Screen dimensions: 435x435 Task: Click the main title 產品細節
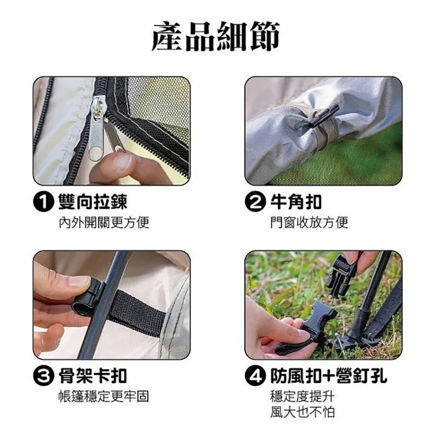coord(216,36)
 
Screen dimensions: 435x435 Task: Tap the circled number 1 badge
coord(43,202)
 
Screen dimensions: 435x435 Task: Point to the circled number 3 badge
coord(43,376)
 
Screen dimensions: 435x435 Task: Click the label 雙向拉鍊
coord(92,202)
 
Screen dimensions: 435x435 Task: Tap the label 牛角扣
coord(296,202)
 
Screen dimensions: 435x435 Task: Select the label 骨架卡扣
coord(92,376)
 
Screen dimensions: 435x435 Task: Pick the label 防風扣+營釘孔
coord(329,376)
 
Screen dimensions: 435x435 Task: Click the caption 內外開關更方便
coord(104,222)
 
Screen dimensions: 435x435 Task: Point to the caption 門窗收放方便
coord(309,222)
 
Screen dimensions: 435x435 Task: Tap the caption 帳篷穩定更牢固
coord(104,396)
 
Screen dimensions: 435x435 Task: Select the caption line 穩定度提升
coord(303,396)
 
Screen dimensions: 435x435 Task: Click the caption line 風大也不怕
coord(303,412)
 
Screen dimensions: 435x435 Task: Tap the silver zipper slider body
coord(96,126)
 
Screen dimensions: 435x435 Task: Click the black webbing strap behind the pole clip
coord(137,312)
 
